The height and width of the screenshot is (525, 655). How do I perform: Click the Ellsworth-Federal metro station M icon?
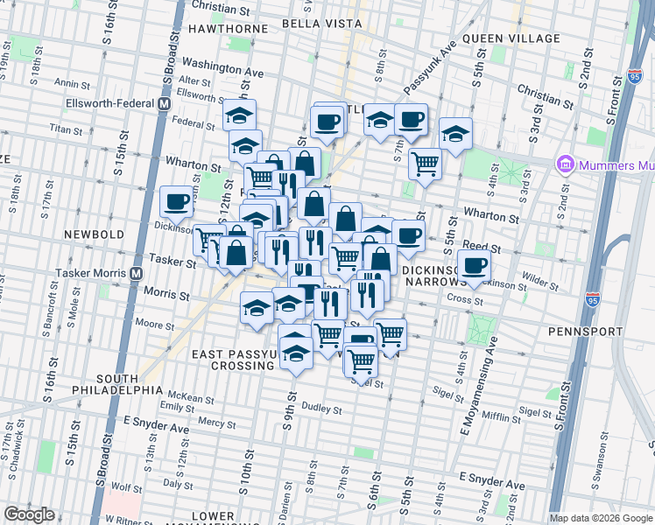[164, 103]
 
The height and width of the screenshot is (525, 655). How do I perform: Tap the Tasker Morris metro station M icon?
[137, 272]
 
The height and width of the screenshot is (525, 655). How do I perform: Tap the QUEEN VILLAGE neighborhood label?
[511, 38]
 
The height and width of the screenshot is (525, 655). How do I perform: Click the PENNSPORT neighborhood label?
[585, 332]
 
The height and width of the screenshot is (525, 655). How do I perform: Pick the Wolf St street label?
[127, 486]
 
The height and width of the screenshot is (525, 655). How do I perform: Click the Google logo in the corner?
[29, 514]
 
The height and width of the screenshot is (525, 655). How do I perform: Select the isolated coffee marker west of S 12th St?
[176, 202]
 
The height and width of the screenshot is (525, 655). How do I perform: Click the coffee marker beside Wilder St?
[474, 265]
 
